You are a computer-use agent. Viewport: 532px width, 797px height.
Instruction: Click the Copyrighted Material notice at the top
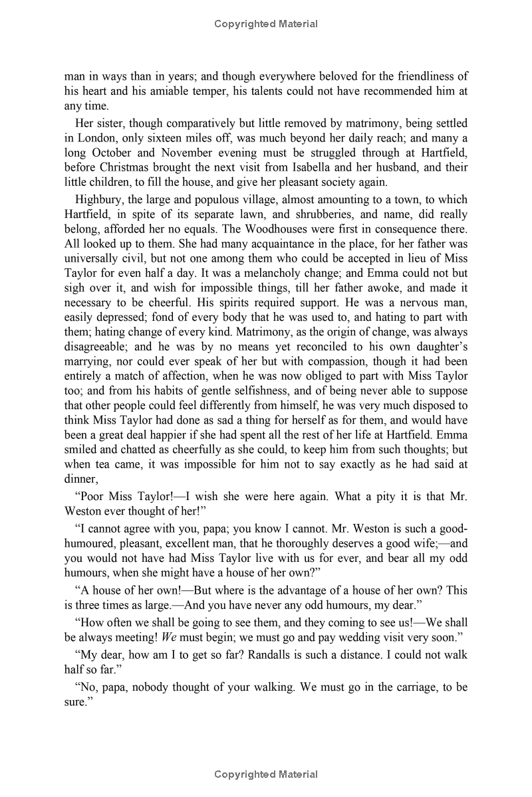click(266, 24)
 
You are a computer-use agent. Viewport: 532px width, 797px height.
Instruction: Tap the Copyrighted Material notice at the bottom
click(266, 774)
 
